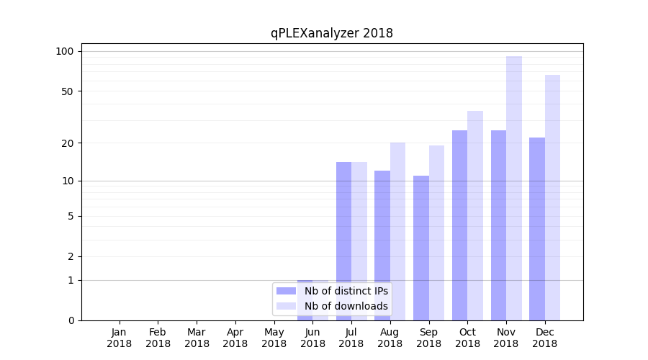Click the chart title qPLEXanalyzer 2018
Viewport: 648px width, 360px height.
click(x=331, y=33)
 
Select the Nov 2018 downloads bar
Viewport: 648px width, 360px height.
click(x=514, y=188)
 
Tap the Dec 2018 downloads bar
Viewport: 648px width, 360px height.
click(x=552, y=197)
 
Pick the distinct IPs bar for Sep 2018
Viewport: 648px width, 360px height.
click(x=421, y=248)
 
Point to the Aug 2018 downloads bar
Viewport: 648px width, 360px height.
click(x=397, y=231)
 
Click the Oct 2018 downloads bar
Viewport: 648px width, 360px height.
click(x=475, y=215)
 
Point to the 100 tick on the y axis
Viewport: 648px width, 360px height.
click(x=65, y=51)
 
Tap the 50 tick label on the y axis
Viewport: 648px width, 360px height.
click(x=68, y=91)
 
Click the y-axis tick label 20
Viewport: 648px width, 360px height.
click(x=68, y=143)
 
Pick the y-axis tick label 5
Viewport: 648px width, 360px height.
click(x=71, y=216)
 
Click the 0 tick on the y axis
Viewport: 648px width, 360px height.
click(x=71, y=320)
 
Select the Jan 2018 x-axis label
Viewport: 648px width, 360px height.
click(x=120, y=338)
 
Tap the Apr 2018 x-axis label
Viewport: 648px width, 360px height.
click(x=235, y=338)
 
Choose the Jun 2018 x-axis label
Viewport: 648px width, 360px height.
click(x=312, y=338)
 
